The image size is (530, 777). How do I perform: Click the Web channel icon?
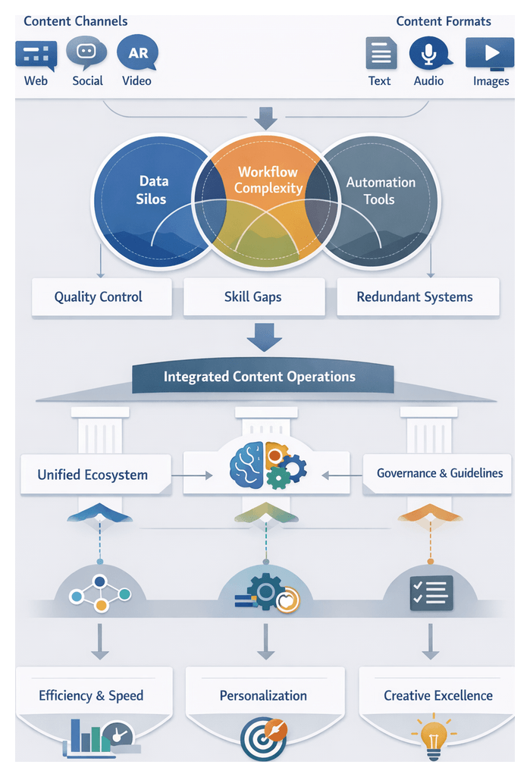[x=36, y=55]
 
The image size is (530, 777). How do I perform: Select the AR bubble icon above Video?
[x=137, y=53]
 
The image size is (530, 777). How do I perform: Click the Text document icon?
[x=381, y=54]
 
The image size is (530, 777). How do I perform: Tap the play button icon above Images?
[x=490, y=54]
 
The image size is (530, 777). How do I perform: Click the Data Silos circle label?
[x=153, y=190]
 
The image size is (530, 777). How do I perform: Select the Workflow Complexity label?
[x=268, y=180]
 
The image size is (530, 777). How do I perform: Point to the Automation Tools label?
[x=380, y=191]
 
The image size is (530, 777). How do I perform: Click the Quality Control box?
[x=99, y=296]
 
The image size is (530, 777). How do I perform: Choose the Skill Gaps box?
[x=252, y=296]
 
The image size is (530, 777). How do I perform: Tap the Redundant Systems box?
[x=415, y=296]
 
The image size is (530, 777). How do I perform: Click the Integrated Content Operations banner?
[x=259, y=377]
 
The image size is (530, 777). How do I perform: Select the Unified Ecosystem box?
[x=93, y=475]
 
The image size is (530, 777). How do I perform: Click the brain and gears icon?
[x=267, y=463]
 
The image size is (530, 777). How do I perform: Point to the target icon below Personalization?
[x=263, y=738]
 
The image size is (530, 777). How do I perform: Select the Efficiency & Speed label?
[x=91, y=695]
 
